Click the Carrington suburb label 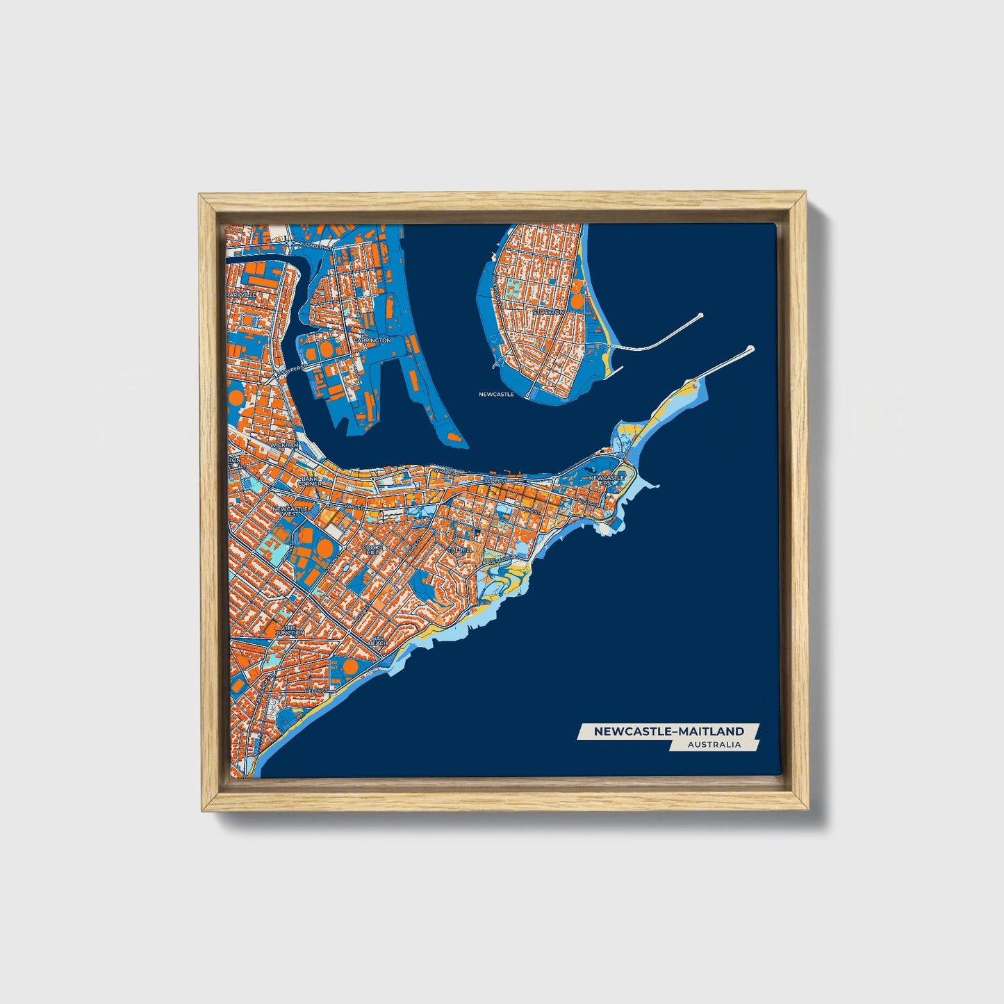click(372, 340)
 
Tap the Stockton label click(548, 313)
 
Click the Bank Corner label click(310, 481)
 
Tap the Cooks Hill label click(372, 550)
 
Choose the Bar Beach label click(378, 641)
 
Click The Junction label click(290, 630)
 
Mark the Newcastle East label click(607, 480)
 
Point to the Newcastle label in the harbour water click(496, 394)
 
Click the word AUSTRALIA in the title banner click(714, 744)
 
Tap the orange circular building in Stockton click(577, 302)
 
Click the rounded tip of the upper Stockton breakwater click(699, 315)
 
